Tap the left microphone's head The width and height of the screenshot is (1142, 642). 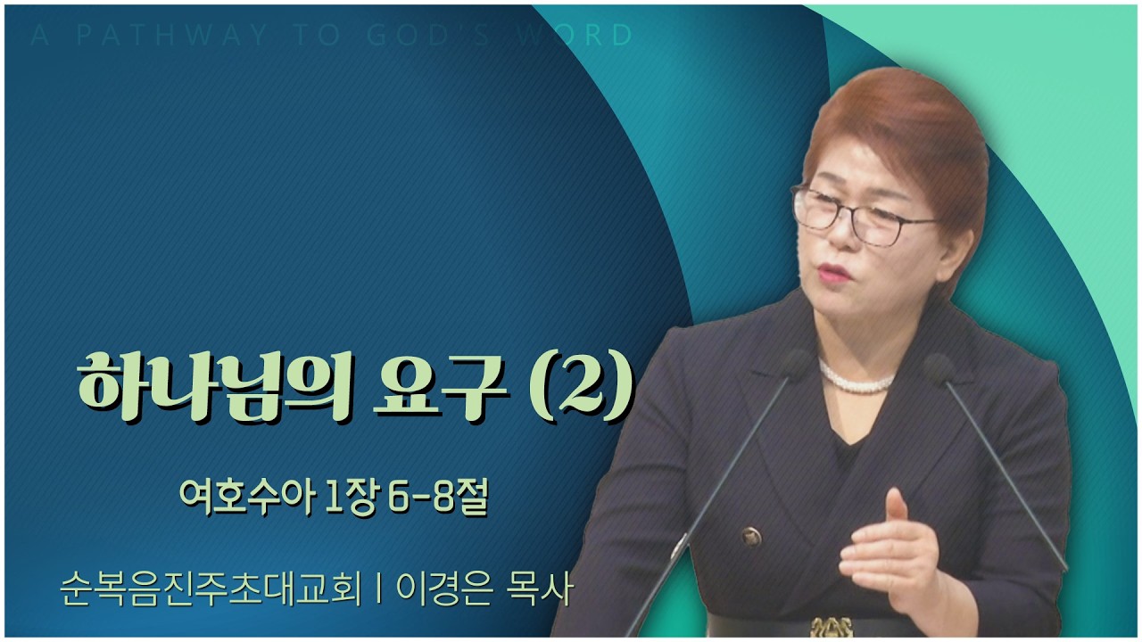797,365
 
